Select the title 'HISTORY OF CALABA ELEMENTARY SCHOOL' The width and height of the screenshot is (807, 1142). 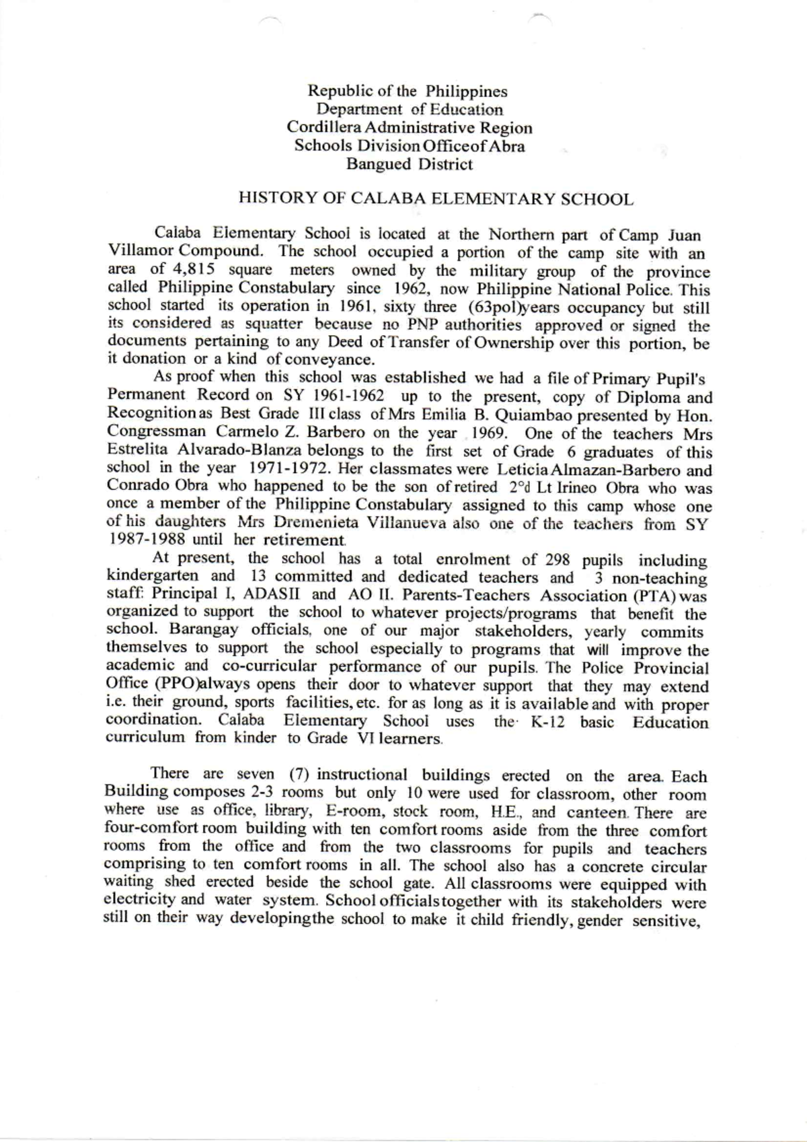click(436, 200)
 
